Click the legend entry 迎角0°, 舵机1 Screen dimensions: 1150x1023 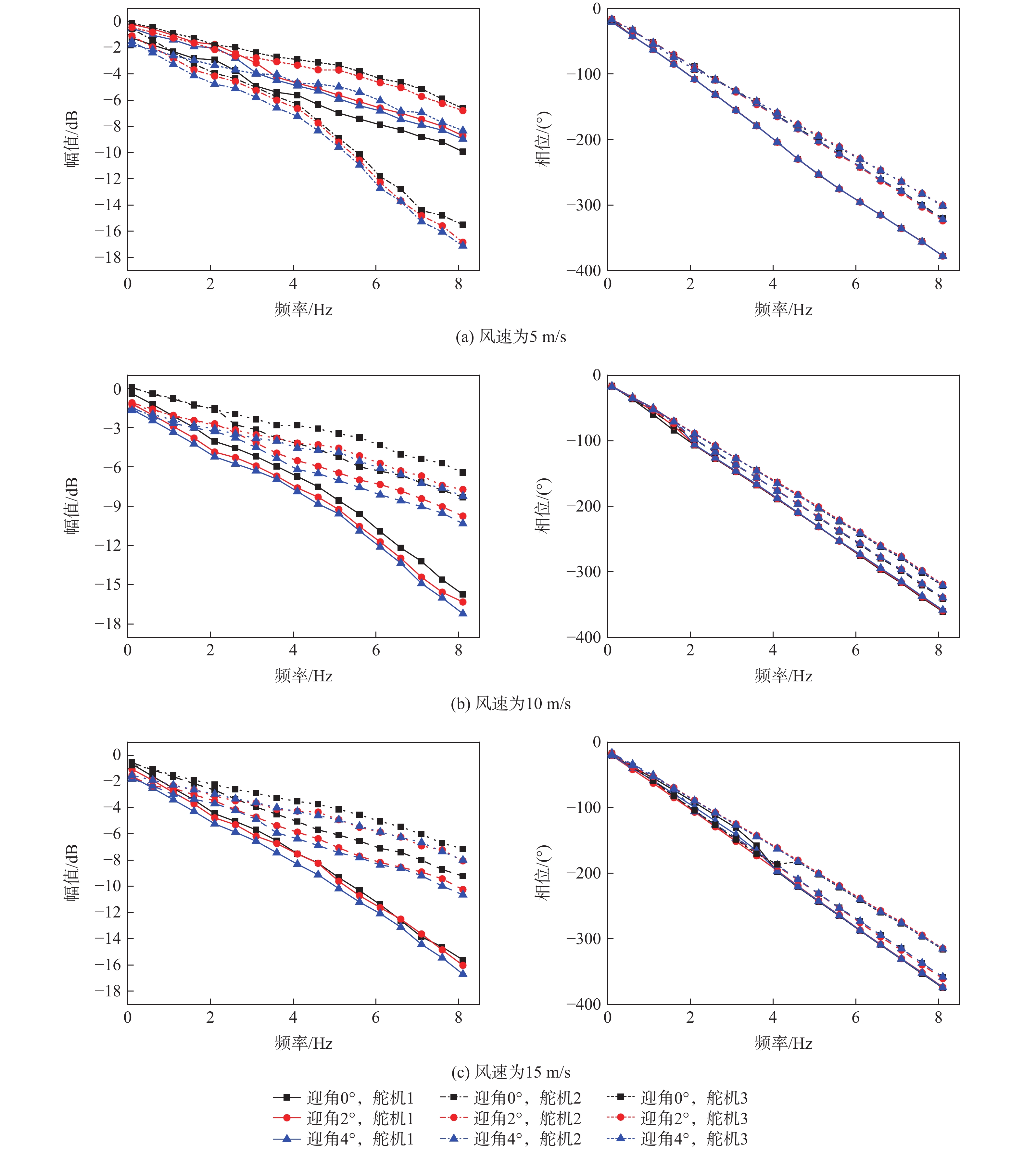tap(343, 1098)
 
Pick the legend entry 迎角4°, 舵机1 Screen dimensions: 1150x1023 tap(343, 1138)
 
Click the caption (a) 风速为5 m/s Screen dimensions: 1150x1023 tap(511, 336)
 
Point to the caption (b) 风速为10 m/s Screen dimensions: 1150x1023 tap(511, 703)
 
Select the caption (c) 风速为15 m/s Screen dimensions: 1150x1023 tap(511, 1072)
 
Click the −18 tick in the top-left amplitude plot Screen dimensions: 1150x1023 tap(108, 258)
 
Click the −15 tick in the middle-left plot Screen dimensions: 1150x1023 tap(108, 585)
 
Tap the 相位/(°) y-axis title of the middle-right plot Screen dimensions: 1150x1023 tap(542, 505)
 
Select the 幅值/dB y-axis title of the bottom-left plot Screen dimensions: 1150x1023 tap(71, 873)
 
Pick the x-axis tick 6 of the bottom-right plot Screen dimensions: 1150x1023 tap(856, 1017)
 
